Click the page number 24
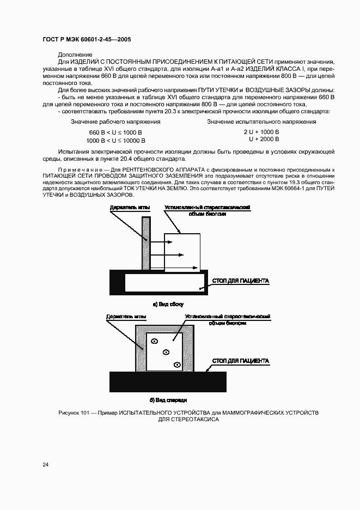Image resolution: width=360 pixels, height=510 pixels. (x=46, y=464)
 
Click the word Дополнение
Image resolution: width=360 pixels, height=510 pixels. (x=75, y=55)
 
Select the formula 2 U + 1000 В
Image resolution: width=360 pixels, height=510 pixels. (x=261, y=132)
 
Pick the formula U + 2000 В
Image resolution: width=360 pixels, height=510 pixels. (x=264, y=139)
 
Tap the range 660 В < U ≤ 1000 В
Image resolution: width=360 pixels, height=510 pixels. (x=115, y=132)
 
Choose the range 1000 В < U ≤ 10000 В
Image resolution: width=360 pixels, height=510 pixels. (x=115, y=140)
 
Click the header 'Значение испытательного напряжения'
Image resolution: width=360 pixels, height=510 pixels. (x=261, y=122)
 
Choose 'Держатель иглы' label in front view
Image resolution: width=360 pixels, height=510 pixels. (x=126, y=316)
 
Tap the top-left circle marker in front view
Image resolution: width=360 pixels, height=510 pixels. (x=154, y=342)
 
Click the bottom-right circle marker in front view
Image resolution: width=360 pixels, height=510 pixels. (x=176, y=365)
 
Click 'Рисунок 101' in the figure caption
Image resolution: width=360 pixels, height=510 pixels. (x=73, y=413)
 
